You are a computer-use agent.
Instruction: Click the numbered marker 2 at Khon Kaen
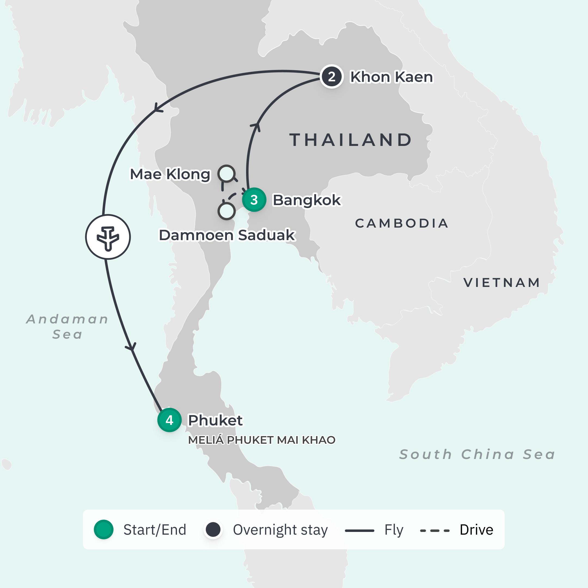(332, 77)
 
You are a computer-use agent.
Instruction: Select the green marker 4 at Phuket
(170, 420)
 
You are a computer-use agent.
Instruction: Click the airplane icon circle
(108, 237)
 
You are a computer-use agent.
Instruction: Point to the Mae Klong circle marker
(226, 174)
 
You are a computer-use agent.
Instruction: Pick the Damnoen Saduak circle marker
(226, 211)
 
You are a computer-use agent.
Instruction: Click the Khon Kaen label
(391, 77)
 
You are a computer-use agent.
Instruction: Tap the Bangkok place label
(307, 200)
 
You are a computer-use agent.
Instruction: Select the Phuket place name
(215, 420)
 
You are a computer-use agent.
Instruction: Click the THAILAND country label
(351, 140)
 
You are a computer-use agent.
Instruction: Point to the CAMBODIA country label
(402, 223)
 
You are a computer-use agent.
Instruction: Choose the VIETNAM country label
(501, 283)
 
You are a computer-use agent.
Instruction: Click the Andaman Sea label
(67, 327)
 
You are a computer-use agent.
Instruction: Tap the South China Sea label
(477, 454)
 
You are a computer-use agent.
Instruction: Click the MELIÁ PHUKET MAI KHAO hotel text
(262, 440)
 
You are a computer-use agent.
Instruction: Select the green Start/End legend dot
(103, 529)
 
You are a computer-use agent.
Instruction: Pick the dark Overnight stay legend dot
(213, 529)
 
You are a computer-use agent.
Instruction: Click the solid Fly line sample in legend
(359, 531)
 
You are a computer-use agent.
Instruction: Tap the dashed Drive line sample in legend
(435, 531)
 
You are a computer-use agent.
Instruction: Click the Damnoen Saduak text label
(227, 235)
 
